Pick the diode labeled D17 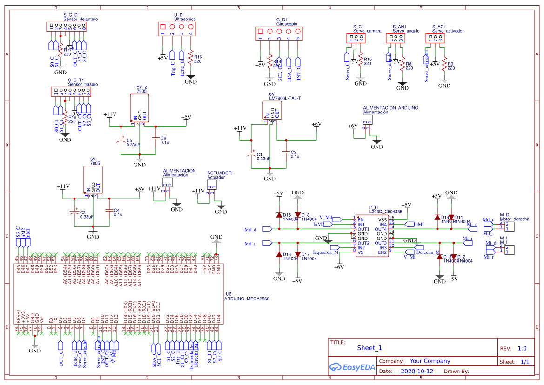(x=298, y=254)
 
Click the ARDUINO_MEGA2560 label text (x=247, y=299)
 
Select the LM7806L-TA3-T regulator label (x=285, y=98)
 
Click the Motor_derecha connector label (x=514, y=219)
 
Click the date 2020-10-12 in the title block (x=416, y=372)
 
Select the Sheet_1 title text (x=369, y=348)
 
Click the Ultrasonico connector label (x=185, y=19)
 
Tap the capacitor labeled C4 (x=110, y=210)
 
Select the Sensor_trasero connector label (x=83, y=84)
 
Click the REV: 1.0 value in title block (x=522, y=348)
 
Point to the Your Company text (x=430, y=361)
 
